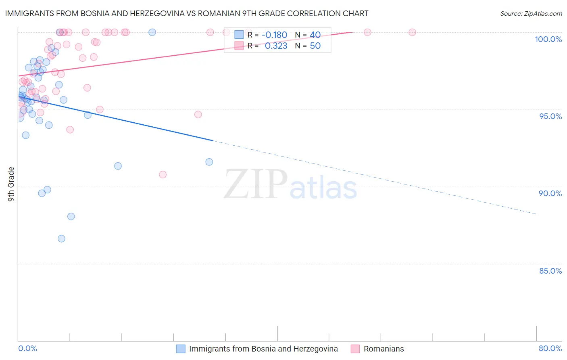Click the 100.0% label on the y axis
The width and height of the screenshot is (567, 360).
click(548, 39)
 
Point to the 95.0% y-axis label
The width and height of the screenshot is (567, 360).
click(550, 116)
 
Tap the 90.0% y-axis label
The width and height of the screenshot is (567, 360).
click(550, 193)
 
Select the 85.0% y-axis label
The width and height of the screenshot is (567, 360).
click(550, 271)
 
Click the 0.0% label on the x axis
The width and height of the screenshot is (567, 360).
click(27, 348)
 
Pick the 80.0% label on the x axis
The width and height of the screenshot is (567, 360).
click(550, 348)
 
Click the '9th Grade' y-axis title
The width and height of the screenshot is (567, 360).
click(11, 184)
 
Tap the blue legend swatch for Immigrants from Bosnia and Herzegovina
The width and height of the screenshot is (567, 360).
click(181, 349)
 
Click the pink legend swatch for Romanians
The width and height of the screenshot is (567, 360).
click(355, 349)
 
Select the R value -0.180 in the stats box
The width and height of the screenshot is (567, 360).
click(274, 35)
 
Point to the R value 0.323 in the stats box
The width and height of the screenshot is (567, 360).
click(276, 46)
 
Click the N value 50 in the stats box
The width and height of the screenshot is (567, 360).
click(315, 46)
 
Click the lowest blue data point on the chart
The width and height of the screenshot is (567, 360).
click(61, 239)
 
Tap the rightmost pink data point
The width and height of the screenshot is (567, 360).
click(412, 32)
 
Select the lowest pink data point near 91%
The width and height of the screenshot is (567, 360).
click(163, 174)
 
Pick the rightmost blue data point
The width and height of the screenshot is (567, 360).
click(209, 162)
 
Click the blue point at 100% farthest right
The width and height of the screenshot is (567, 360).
click(152, 32)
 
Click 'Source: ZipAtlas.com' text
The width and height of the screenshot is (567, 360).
click(531, 14)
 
